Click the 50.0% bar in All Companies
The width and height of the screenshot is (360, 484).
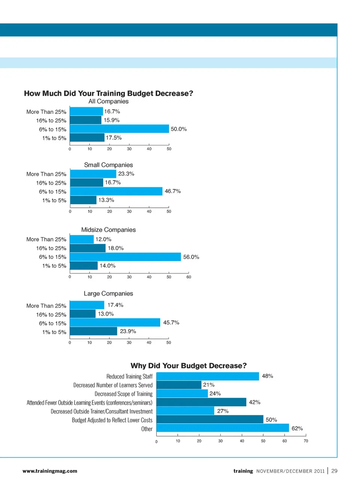point(119,129)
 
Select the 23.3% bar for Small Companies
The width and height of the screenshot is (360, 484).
point(93,174)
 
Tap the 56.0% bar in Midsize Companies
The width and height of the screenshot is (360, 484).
point(125,257)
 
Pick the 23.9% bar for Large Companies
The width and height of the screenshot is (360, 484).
point(93,331)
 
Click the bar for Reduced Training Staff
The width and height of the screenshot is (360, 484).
point(207,376)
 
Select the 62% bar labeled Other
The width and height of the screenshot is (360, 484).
point(222,428)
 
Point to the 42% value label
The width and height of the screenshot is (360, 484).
point(255,402)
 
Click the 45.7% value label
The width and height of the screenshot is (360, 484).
point(171,323)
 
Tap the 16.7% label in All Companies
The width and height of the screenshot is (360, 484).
point(112,111)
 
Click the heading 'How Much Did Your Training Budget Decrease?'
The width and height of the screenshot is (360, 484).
point(108,93)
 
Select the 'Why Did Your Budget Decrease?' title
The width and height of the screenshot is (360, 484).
point(189,366)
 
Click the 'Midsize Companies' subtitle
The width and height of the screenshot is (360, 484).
point(108,230)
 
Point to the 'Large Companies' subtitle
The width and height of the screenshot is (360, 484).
point(108,293)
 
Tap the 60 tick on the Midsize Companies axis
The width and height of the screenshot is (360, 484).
point(189,277)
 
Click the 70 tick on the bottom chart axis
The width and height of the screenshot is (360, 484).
point(306,441)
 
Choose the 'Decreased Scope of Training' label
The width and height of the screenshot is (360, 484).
point(123,394)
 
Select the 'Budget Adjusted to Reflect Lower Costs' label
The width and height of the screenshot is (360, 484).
point(112,420)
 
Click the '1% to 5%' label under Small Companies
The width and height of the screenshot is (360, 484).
point(54,200)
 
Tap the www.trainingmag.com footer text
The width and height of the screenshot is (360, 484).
point(50,471)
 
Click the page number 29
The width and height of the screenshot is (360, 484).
point(334,471)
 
